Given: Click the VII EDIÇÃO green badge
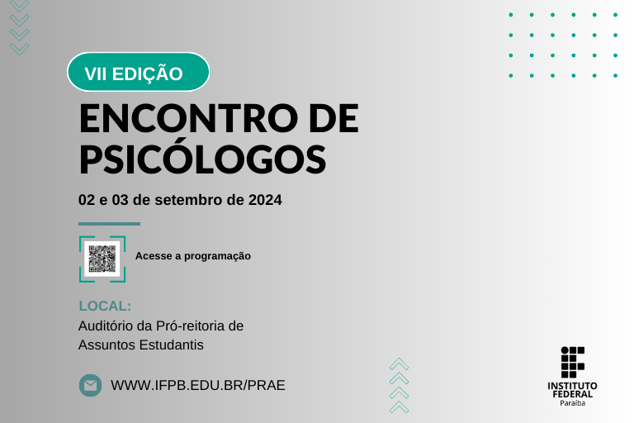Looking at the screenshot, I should (137, 73).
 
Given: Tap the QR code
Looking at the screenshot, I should (102, 259).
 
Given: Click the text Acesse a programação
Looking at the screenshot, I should (192, 256).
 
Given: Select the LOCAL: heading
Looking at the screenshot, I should (105, 306).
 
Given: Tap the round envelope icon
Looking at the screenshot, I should (90, 385).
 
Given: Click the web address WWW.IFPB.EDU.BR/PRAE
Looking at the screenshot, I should (197, 385).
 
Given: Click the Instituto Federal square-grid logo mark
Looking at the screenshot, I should (572, 362).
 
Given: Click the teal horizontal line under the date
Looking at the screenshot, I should (109, 224).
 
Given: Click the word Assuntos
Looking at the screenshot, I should (106, 345).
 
